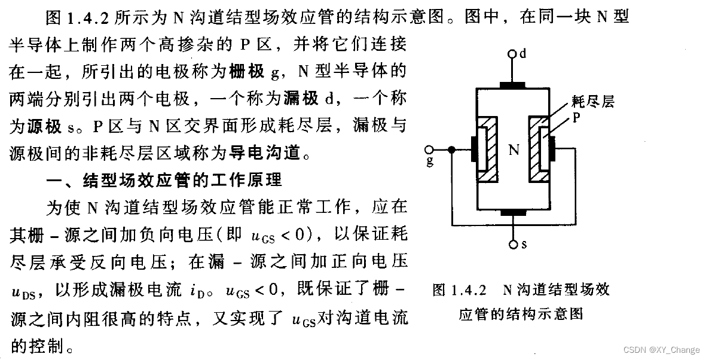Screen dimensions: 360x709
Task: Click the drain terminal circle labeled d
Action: click(512, 54)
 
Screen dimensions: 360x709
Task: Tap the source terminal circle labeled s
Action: click(512, 245)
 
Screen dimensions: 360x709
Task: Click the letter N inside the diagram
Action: click(513, 150)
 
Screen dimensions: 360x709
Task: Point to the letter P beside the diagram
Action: click(576, 118)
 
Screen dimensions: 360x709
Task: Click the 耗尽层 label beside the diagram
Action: click(592, 102)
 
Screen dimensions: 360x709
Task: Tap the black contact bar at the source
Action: click(512, 212)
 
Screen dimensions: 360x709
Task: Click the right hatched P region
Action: click(539, 150)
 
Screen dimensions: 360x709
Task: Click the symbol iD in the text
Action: click(202, 292)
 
